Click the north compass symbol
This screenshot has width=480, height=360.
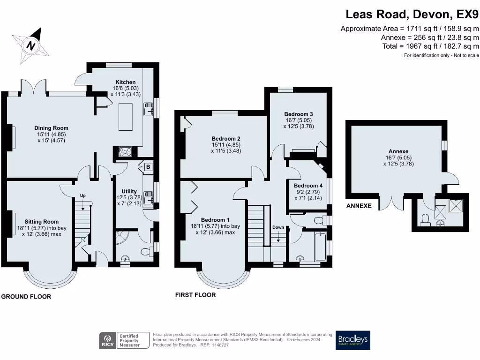31,45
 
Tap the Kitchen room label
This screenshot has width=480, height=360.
125,82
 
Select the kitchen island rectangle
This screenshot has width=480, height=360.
126,117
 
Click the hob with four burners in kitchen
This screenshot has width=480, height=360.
126,151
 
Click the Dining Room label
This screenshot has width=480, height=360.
51,128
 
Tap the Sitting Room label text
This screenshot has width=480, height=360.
42,222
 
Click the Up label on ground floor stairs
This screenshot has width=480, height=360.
83,195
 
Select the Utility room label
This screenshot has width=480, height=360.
129,191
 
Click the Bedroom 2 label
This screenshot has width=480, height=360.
226,139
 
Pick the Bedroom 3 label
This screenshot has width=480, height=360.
299,114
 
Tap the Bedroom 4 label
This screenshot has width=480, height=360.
305,185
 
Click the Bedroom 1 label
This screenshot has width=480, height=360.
215,220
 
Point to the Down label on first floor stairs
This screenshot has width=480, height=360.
278,227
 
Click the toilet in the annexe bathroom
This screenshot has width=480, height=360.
425,219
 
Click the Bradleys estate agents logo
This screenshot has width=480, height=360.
353,340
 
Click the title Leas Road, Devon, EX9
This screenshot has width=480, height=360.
412,15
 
